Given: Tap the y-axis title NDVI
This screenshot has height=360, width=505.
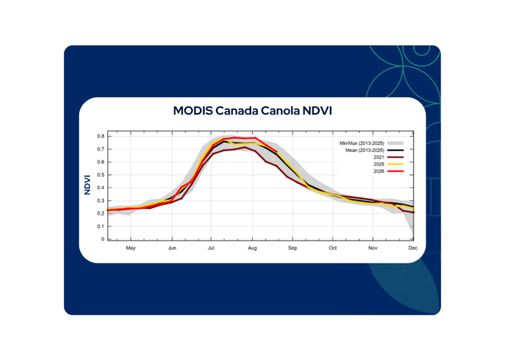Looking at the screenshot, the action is pos(87,185).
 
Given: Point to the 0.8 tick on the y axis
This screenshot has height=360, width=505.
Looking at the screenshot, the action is pos(101,137).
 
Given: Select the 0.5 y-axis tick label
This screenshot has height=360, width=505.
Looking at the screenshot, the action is pos(101,175).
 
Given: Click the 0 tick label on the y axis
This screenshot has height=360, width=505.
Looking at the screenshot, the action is pos(103,239).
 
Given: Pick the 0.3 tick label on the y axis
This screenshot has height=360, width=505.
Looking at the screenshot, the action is pos(101,201).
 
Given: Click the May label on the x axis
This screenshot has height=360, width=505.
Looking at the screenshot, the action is pos(131,248).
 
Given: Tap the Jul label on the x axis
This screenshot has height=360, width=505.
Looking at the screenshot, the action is pos(211,248).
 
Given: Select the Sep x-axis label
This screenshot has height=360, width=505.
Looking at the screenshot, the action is pos(293,248).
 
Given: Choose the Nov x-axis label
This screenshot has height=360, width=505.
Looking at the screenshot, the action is pos(373,248).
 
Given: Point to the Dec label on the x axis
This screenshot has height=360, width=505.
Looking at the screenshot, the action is pos(413,248).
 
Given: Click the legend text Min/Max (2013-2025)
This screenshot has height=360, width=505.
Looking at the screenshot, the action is pos(362,143).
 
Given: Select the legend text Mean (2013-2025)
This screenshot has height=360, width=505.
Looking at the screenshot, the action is pos(364,150).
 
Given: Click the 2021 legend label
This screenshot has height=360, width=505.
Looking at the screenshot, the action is pos(379,157).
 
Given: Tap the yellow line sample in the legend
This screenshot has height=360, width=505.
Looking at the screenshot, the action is pos(395,164).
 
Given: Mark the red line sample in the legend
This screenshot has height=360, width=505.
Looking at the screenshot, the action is pos(395,171).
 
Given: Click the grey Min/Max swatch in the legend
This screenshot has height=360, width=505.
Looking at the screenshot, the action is pos(395,143).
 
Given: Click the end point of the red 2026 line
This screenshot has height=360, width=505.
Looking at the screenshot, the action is pos(277,152).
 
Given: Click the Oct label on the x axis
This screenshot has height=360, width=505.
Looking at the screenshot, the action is pos(333,248).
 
